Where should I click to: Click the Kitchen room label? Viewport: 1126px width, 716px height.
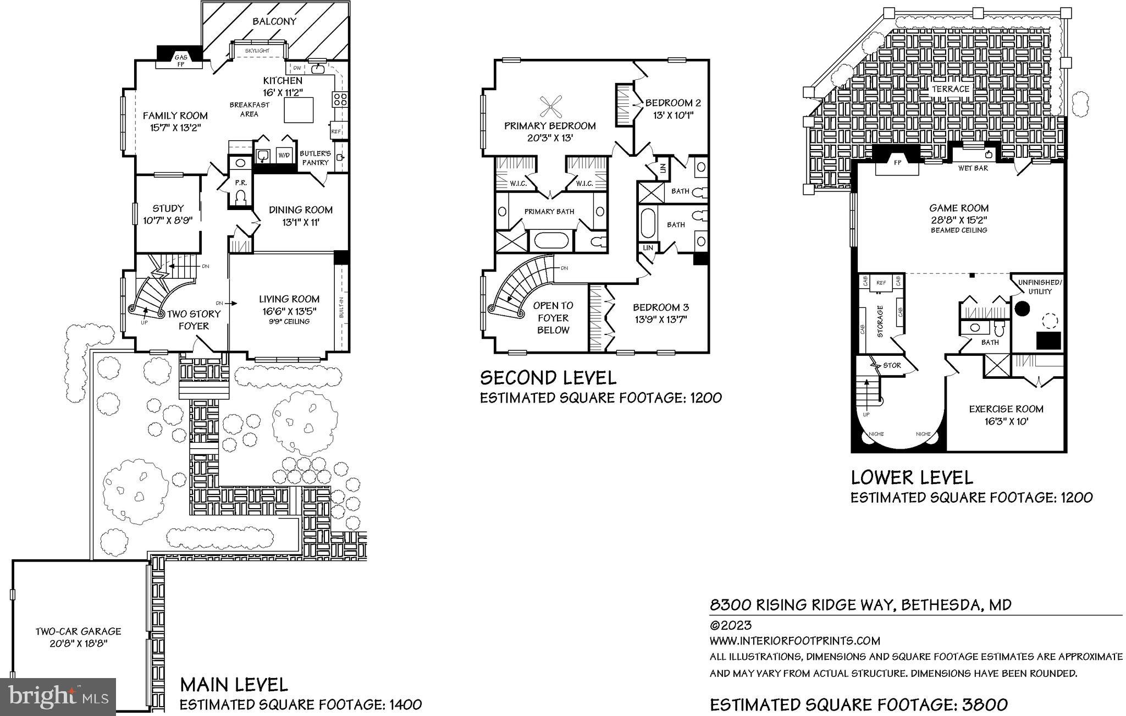(x=282, y=81)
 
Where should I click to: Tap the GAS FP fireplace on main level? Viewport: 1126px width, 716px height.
(x=180, y=60)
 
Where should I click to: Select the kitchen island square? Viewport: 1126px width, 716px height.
(x=299, y=110)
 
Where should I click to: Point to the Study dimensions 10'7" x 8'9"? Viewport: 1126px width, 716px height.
(x=168, y=220)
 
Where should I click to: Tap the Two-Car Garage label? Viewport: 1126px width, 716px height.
(x=78, y=632)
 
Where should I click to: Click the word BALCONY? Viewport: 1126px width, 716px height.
(x=274, y=21)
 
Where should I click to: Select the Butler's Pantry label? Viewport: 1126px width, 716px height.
(x=315, y=158)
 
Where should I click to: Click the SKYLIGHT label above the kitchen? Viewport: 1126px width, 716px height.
(x=257, y=51)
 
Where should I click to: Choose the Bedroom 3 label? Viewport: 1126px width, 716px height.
(x=660, y=307)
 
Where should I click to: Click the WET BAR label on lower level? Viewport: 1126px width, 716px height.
(x=973, y=168)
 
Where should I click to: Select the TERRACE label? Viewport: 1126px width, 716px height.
(x=951, y=89)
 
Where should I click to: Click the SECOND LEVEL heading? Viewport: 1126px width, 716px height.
(x=548, y=378)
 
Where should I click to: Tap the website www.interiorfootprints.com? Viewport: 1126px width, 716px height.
(x=794, y=641)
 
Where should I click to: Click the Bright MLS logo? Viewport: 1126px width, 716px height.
(x=58, y=697)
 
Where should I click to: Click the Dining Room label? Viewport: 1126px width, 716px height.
(x=300, y=210)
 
